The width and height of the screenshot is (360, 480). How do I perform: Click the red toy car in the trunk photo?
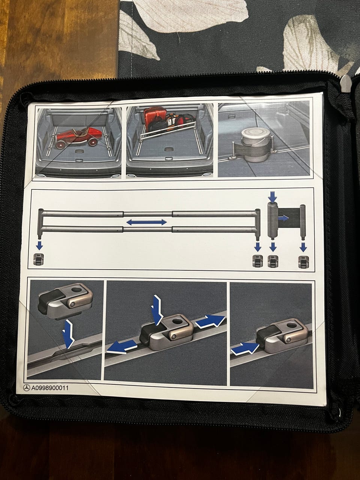point(78,137)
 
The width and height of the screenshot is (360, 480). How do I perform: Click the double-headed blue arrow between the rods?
point(147,222)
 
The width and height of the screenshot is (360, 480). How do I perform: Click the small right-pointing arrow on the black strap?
point(284,217)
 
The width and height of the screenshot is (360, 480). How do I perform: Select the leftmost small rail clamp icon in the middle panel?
point(38,260)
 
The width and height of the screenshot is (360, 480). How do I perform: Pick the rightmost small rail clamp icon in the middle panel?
point(303,261)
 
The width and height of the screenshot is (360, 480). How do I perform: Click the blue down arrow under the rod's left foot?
point(39,246)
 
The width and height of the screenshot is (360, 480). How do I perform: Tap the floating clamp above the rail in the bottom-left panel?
point(65,301)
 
